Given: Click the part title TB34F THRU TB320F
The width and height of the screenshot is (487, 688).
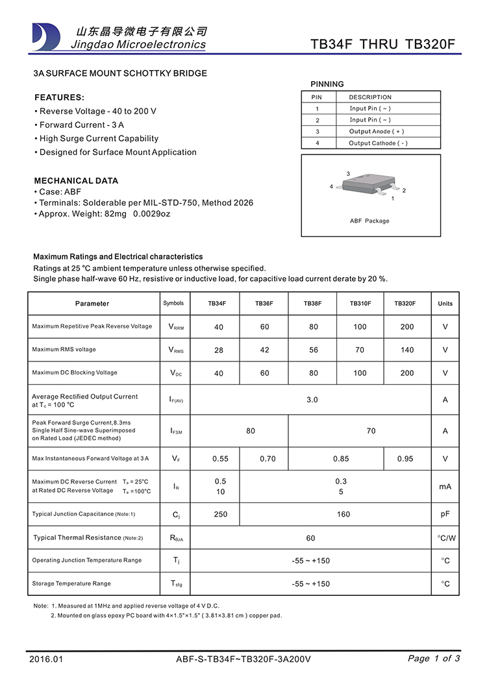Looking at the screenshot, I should coord(383,45).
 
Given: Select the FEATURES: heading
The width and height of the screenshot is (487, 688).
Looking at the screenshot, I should coord(59,97).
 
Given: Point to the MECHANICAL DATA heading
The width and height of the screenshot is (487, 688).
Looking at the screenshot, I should coord(76,180).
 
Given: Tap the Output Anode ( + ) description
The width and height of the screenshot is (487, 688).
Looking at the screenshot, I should coord(377,132).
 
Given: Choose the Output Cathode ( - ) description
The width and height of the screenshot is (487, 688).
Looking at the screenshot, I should coord(378,143).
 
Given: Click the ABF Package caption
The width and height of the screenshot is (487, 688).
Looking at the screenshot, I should coord(369,221).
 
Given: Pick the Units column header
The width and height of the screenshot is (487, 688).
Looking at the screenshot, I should coord(445,304).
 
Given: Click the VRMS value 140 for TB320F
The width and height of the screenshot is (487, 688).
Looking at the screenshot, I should coord(407,350).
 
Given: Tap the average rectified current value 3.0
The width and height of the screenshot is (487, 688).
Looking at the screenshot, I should coord(312,400).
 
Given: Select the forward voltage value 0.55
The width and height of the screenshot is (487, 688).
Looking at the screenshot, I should coord(221,459).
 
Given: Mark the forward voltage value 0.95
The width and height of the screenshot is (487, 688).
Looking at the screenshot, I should coord(405,459).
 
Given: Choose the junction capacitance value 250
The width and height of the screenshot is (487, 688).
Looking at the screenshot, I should coord(221,515).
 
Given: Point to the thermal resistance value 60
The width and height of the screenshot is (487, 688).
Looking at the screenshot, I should coord(311,538).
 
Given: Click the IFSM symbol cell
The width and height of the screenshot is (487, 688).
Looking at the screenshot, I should coord(176,431).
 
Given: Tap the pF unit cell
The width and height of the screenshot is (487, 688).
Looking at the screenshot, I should coord(445,515).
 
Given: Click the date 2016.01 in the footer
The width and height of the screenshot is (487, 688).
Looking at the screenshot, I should coord(47,659).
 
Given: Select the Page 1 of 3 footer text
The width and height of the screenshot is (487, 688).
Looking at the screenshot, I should coord(434,659).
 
